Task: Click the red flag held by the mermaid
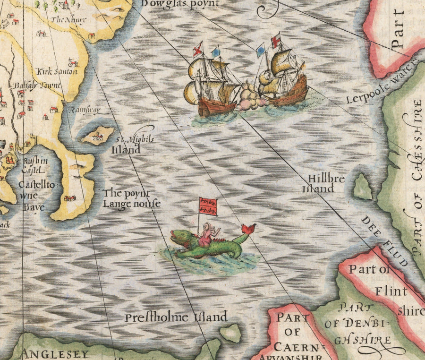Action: pos(208,206)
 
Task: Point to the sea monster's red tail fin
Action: pos(248,229)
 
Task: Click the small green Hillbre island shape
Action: pos(363,187)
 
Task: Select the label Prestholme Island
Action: pos(176,317)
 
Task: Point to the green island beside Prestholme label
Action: pos(230,333)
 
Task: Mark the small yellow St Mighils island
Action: pos(97,135)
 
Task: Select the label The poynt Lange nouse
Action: pos(131,199)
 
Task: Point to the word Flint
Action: pos(391,291)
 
